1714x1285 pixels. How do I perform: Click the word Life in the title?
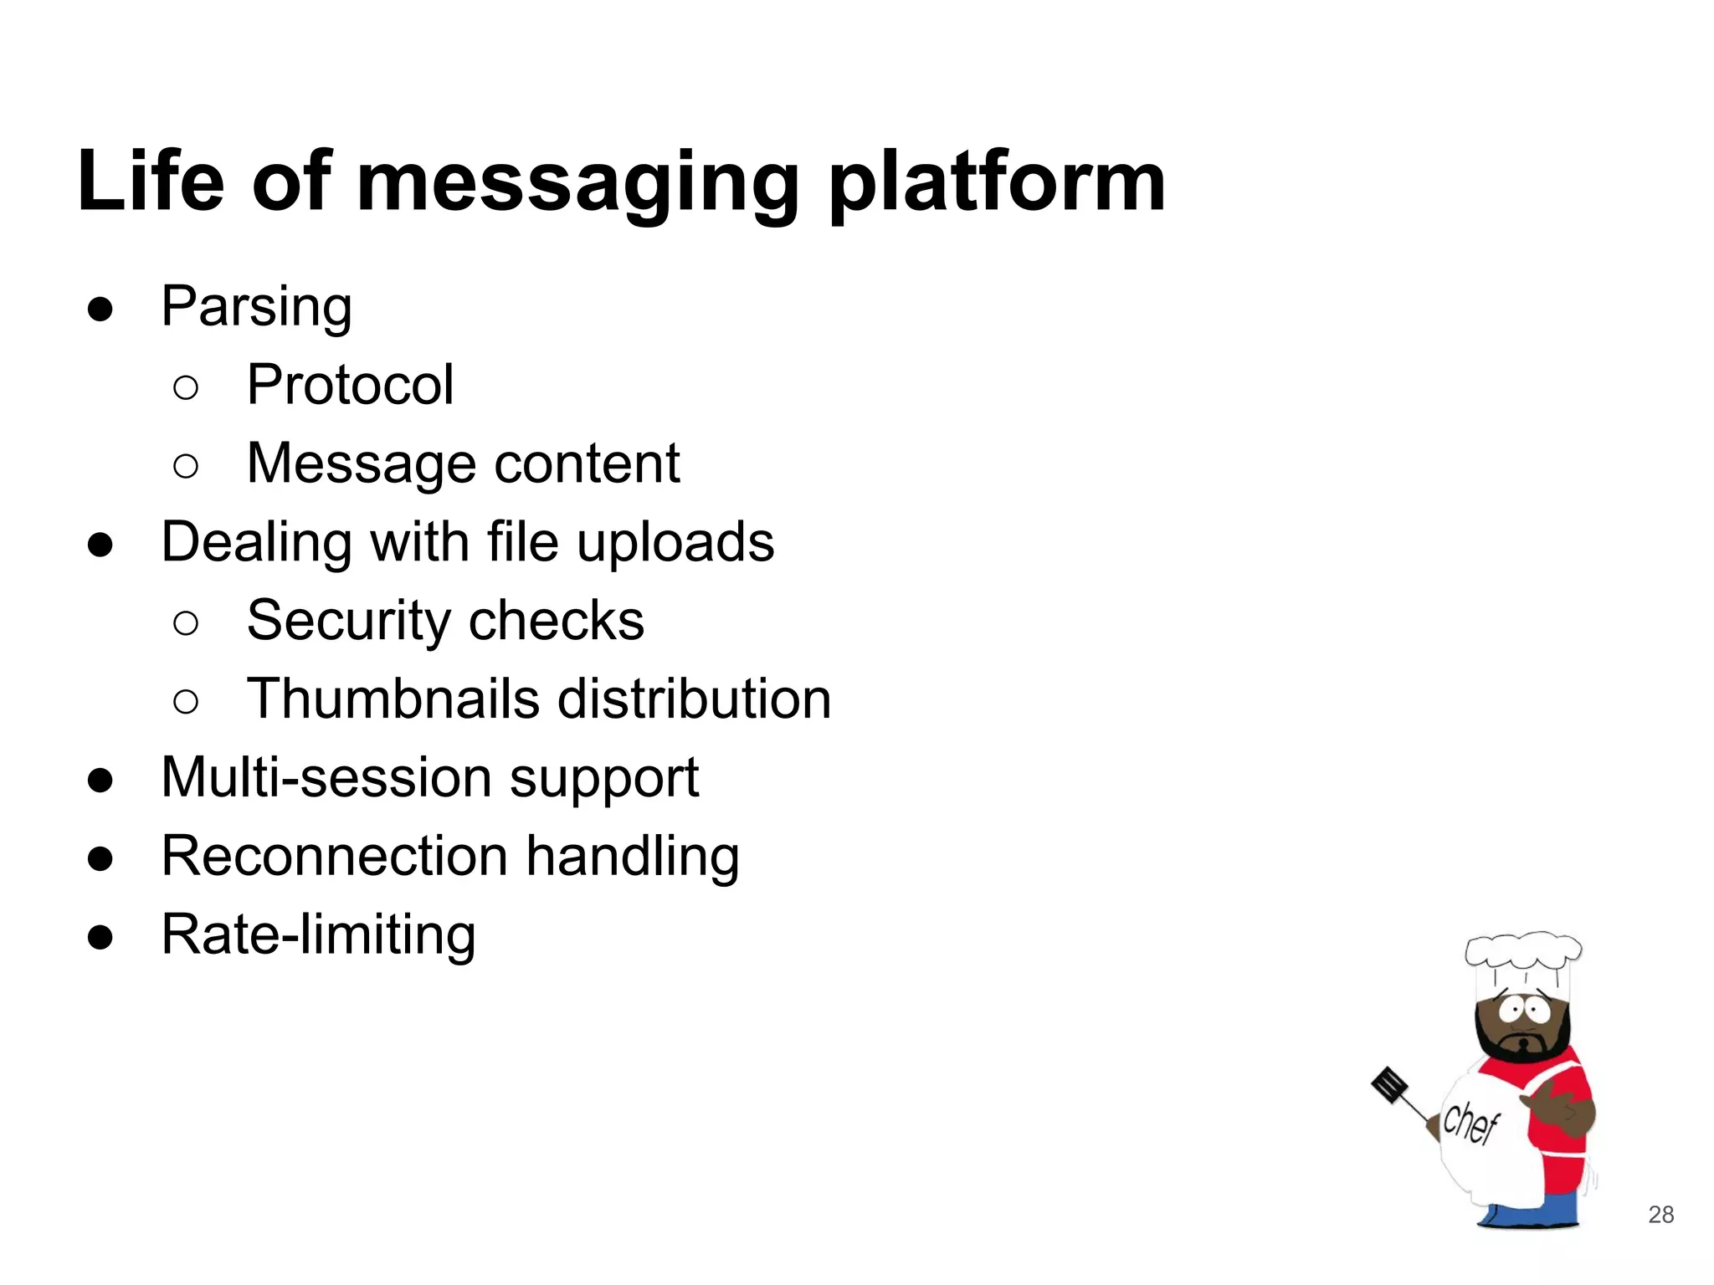151,182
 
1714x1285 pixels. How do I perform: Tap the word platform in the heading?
997,183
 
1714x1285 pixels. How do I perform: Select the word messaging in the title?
578,183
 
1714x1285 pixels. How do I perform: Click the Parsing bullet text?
256,307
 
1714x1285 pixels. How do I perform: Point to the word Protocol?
350,385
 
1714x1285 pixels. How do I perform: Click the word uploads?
675,543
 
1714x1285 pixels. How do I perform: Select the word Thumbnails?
393,699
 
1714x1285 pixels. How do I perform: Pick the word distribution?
694,699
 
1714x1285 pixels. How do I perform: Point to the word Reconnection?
335,856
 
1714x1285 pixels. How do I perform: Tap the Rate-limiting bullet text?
318,934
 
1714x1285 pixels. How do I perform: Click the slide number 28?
1660,1215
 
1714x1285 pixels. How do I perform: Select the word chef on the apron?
1470,1123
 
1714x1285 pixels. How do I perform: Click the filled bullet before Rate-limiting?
100,937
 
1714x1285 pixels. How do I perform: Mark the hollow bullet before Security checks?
186,622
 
